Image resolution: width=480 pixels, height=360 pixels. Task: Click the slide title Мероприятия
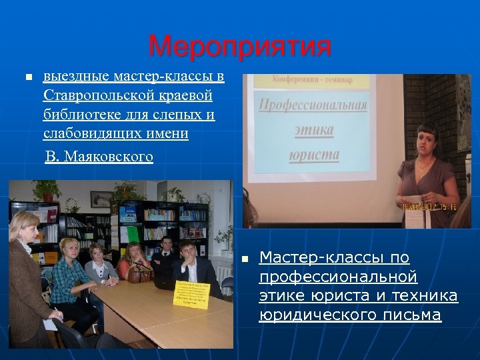(x=239, y=47)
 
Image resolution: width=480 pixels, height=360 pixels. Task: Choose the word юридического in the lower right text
(x=304, y=315)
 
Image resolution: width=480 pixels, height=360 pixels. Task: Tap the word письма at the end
(x=414, y=315)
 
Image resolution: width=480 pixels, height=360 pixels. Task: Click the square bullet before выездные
(x=27, y=78)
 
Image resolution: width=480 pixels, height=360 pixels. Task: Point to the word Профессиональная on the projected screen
(x=313, y=106)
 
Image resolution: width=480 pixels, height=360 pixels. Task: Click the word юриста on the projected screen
(x=314, y=156)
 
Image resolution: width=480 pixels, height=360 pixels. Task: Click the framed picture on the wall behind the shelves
(x=101, y=198)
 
